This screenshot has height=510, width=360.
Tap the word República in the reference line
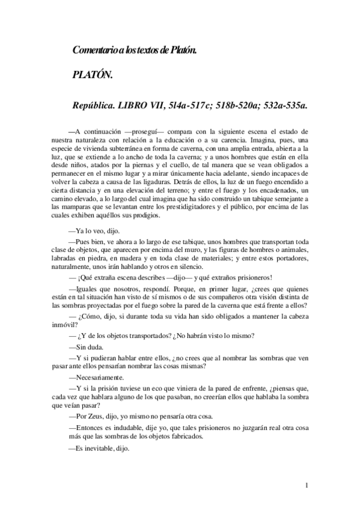[96, 104]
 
